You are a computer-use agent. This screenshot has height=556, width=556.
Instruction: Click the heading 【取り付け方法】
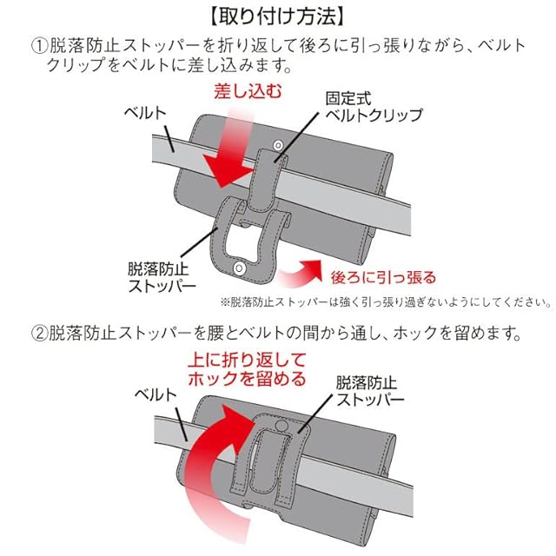pyautogui.click(x=277, y=17)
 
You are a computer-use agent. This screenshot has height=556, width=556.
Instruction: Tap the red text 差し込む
pyautogui.click(x=248, y=91)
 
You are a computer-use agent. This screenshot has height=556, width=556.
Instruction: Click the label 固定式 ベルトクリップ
pyautogui.click(x=374, y=107)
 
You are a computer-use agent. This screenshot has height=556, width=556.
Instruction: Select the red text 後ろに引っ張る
pyautogui.click(x=383, y=277)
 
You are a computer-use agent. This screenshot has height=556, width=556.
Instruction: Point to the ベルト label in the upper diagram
pyautogui.click(x=145, y=113)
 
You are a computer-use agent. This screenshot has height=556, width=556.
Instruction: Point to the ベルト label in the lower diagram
pyautogui.click(x=156, y=394)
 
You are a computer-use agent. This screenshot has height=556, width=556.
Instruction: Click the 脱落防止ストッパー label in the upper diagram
pyautogui.click(x=162, y=277)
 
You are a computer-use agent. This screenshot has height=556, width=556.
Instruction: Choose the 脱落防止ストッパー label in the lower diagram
pyautogui.click(x=370, y=391)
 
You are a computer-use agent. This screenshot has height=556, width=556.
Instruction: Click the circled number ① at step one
pyautogui.click(x=39, y=46)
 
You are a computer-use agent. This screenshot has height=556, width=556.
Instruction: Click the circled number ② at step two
pyautogui.click(x=39, y=334)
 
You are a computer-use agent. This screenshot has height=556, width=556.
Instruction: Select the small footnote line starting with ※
pyautogui.click(x=386, y=302)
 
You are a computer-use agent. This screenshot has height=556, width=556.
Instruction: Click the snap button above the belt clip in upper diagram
pyautogui.click(x=278, y=145)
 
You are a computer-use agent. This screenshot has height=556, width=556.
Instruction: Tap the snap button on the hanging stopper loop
pyautogui.click(x=240, y=268)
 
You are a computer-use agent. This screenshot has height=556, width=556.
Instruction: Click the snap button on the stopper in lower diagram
pyautogui.click(x=281, y=426)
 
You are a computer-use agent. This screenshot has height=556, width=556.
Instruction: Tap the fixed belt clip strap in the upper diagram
pyautogui.click(x=267, y=179)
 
